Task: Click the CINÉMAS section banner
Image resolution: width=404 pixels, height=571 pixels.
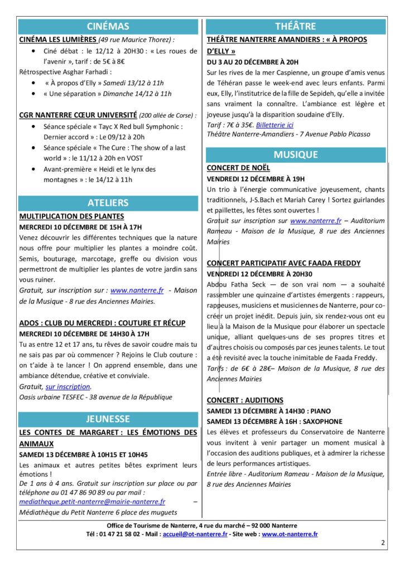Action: [108, 26]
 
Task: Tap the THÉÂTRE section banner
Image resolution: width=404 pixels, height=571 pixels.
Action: [295, 26]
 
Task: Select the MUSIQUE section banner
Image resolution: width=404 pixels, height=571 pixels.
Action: [295, 154]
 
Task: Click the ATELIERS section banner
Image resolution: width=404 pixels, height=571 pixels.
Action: [108, 202]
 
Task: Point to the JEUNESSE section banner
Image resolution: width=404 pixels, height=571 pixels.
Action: [108, 419]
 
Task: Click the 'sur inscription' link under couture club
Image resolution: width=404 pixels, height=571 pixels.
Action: [68, 386]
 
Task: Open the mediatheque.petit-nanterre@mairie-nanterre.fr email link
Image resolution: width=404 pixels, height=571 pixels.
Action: [92, 502]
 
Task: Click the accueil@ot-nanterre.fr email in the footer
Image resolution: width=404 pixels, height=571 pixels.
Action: [195, 534]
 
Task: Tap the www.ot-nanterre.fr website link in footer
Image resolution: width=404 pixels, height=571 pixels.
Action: [290, 534]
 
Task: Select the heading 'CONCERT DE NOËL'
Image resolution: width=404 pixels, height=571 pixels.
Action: [238, 167]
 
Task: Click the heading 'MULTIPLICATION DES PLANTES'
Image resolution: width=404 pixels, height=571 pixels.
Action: [72, 216]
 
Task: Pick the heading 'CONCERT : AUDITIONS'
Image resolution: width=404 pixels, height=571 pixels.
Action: [245, 400]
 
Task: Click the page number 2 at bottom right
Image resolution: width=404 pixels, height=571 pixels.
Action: [383, 542]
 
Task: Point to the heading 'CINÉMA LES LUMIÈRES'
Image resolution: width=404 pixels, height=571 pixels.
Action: [58, 40]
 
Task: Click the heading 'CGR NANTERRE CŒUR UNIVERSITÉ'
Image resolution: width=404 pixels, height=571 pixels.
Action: [78, 115]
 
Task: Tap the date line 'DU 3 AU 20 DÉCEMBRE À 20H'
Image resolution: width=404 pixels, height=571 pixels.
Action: [253, 62]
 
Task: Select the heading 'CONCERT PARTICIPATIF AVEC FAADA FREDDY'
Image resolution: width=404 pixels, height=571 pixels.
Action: [283, 263]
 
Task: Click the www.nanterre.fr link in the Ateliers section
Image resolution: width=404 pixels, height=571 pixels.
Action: [137, 291]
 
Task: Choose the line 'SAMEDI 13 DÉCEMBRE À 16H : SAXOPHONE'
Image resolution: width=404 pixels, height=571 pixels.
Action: [275, 422]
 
